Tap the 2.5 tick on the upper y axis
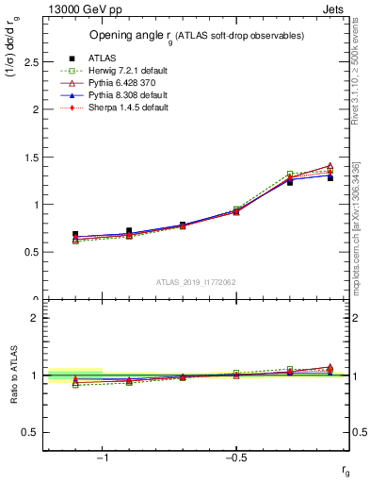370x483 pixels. click(31, 61)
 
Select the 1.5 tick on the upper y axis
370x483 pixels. click(31, 157)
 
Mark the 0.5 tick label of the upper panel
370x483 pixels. click(31, 252)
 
